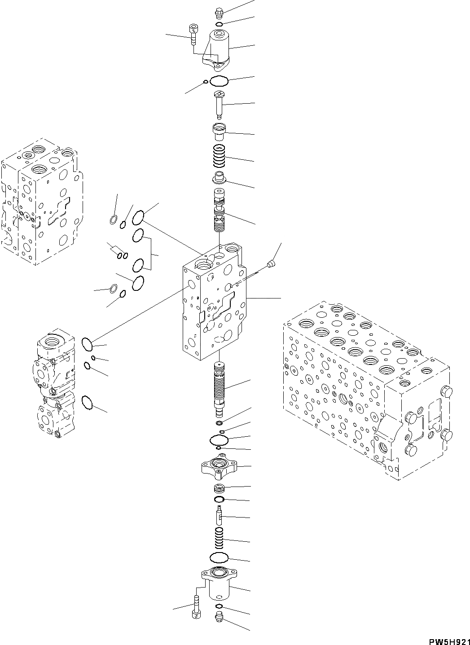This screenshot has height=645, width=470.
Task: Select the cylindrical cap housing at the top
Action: point(219,48)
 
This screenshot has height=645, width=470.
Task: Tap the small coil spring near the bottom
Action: point(220,538)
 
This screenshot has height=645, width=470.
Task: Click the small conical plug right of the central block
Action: point(270,265)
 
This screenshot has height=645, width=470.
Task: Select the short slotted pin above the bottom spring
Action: point(219,515)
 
